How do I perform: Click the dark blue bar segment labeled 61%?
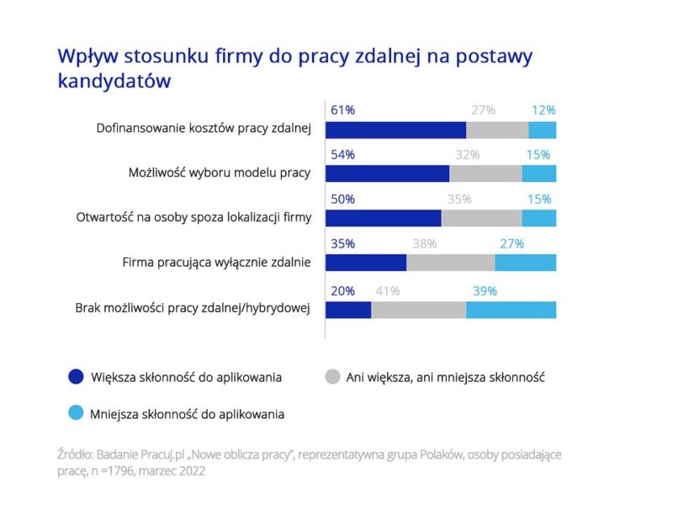tap(395, 130)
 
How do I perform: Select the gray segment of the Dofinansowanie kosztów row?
tap(497, 130)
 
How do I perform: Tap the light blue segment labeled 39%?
tap(511, 310)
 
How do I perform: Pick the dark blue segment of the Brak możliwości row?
tap(348, 310)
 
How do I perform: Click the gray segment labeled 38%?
tap(450, 263)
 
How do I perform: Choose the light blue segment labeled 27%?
tap(525, 263)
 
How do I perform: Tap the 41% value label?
tap(388, 291)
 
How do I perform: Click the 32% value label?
tap(467, 155)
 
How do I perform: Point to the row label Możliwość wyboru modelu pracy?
tap(220, 172)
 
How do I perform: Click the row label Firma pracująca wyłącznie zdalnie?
tap(217, 263)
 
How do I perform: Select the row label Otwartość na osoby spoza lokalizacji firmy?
tap(192, 217)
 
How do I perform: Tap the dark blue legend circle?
tap(77, 377)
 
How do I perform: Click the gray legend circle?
tap(332, 377)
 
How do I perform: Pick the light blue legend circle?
tap(77, 413)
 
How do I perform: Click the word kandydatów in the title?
tap(114, 81)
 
